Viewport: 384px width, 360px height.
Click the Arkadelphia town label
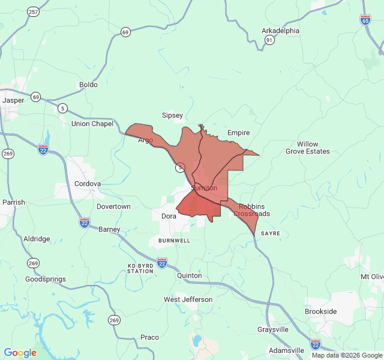click(280, 31)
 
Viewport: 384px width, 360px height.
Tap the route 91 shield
click(270, 40)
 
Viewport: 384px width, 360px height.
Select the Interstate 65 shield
click(365, 20)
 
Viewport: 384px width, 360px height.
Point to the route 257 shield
click(33, 11)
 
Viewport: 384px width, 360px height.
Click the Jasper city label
click(13, 100)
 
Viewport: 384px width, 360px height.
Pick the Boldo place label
click(88, 85)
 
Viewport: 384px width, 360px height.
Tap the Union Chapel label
click(92, 124)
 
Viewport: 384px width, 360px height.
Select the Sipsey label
click(172, 115)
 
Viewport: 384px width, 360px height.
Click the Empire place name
click(238, 133)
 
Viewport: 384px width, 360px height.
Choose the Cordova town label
click(88, 184)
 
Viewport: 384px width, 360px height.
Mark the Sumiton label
click(204, 188)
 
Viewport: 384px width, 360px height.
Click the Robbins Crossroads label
click(251, 210)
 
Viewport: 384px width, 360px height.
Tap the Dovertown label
click(113, 206)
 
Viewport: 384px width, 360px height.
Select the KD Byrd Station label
click(140, 268)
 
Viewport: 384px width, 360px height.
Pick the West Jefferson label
click(188, 299)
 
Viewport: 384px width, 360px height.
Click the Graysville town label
click(273, 329)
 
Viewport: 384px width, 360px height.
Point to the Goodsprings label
click(45, 279)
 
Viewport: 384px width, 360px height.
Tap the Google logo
click(20, 353)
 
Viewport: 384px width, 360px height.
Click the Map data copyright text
click(346, 355)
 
